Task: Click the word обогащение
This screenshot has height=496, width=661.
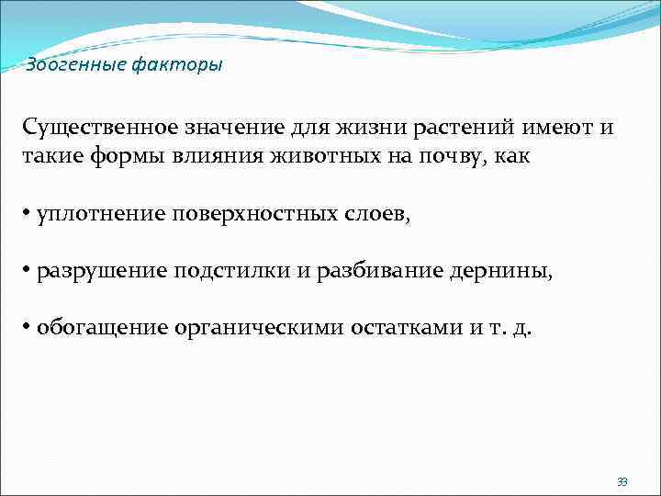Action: coord(98,329)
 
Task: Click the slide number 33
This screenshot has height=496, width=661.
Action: coord(622,482)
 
